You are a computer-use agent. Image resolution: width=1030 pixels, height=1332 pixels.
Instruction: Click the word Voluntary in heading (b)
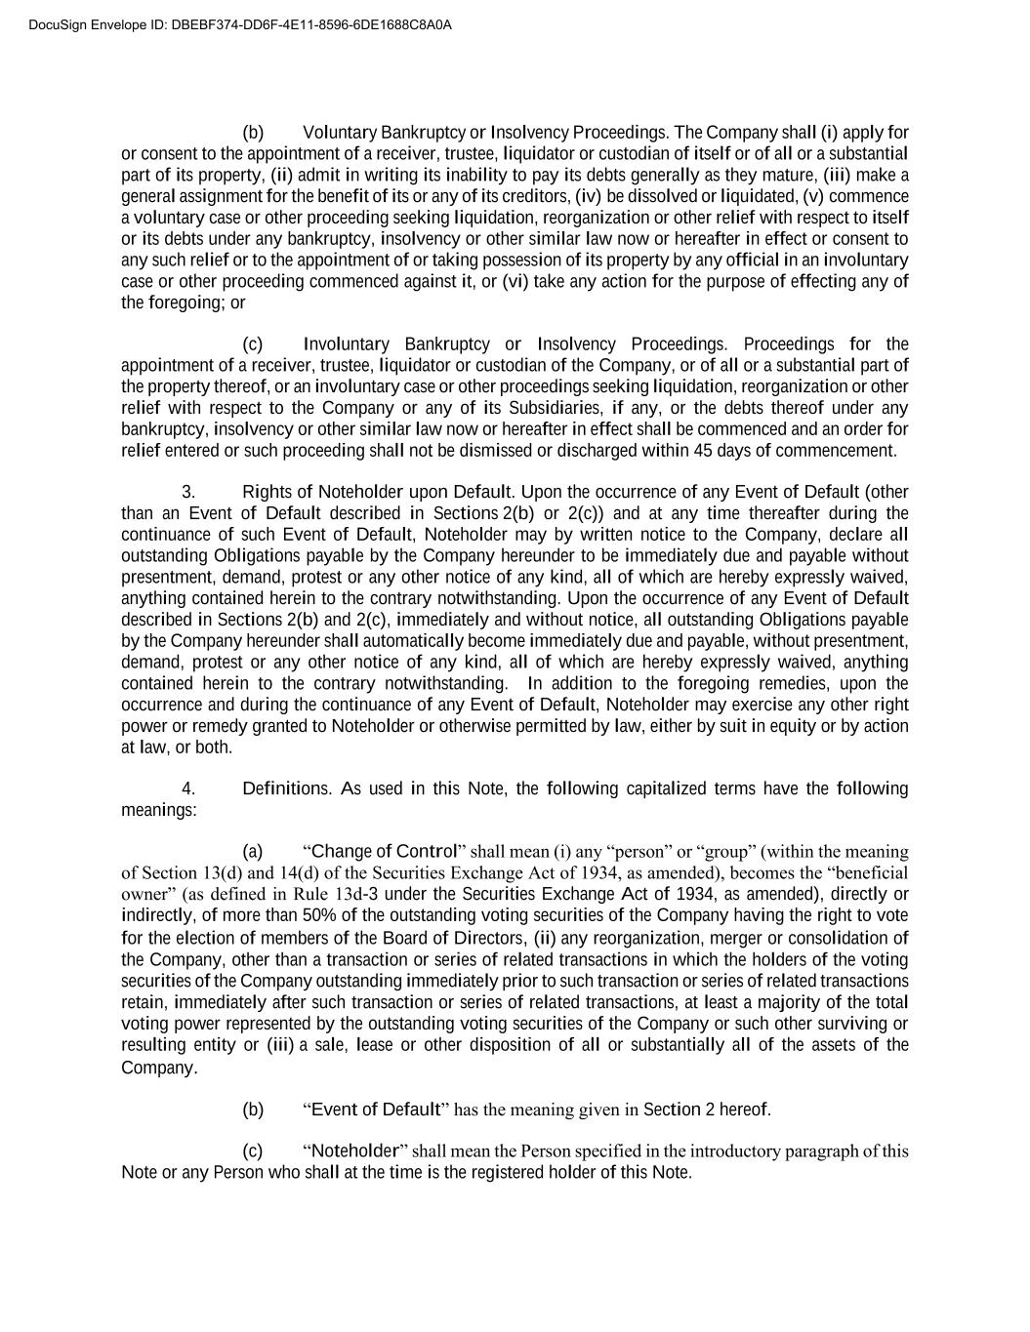click(340, 133)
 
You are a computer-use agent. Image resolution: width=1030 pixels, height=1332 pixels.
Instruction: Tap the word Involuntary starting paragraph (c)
click(347, 344)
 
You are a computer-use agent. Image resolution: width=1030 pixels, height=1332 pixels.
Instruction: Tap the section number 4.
click(188, 788)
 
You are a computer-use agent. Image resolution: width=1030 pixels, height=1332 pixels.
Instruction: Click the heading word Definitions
click(286, 788)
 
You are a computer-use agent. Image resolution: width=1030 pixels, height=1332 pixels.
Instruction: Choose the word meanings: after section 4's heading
click(158, 810)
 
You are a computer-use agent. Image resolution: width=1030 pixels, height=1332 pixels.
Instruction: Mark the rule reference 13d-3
click(373, 894)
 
